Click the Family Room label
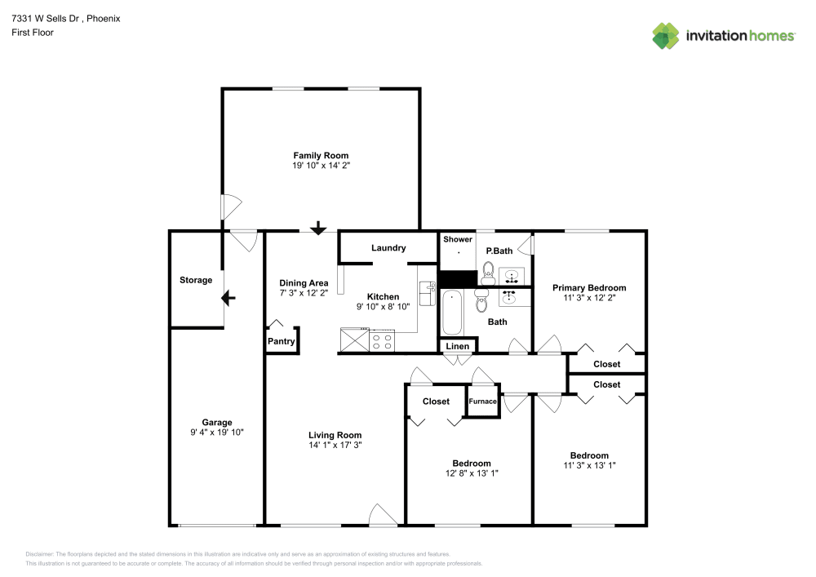click(321, 155)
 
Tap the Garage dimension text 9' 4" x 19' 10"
click(217, 433)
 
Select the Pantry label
click(282, 342)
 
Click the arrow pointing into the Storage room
click(228, 298)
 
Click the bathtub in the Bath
click(452, 313)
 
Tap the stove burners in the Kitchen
click(382, 340)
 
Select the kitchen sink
click(427, 292)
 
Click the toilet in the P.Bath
click(488, 272)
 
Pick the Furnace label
click(482, 402)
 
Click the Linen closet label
click(458, 347)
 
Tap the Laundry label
click(388, 248)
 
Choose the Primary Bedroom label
click(589, 287)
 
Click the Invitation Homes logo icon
click(666, 36)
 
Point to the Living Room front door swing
click(382, 515)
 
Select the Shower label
click(458, 239)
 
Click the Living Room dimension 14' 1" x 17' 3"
click(335, 446)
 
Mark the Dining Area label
click(304, 283)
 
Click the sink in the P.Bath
click(512, 274)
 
